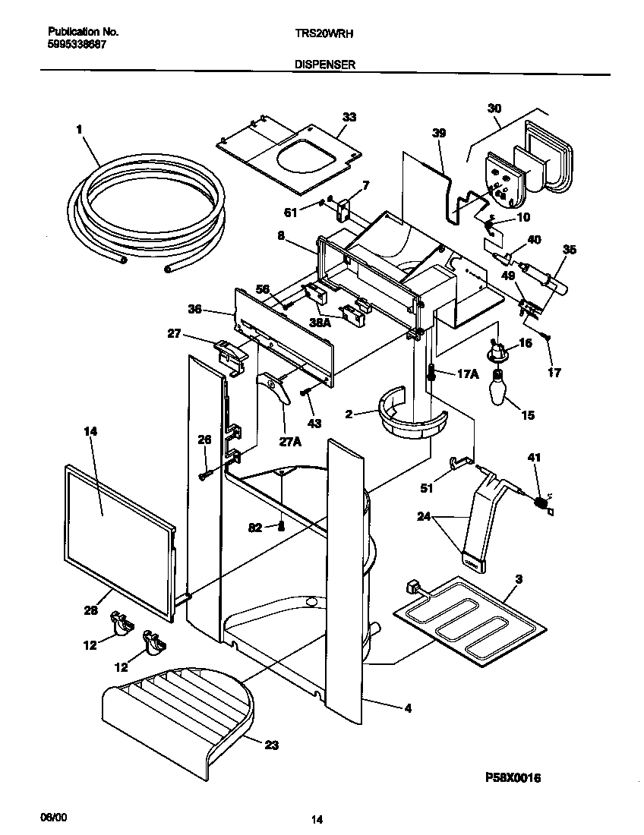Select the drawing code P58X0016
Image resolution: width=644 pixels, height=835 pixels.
[513, 778]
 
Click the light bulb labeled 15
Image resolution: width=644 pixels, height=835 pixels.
[500, 389]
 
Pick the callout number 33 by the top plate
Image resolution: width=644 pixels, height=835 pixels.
[349, 117]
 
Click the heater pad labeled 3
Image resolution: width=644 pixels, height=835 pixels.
[471, 615]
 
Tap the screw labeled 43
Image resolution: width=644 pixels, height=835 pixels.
[304, 392]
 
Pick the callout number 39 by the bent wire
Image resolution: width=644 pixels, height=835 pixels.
[438, 133]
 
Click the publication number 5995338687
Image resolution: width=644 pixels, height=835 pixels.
[77, 45]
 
